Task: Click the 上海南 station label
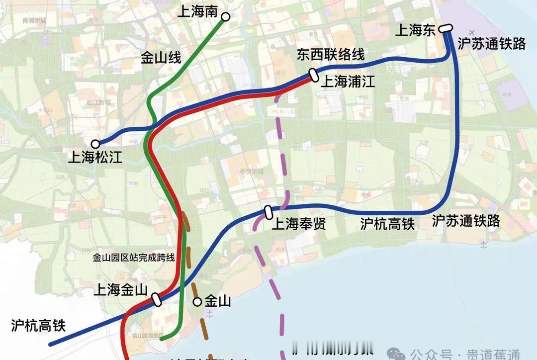click(x=197, y=11)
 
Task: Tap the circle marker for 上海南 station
click(x=225, y=17)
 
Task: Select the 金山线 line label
click(x=161, y=59)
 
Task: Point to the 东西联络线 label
click(x=331, y=54)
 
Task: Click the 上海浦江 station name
click(x=348, y=82)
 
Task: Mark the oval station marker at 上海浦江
click(x=314, y=75)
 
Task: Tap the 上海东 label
click(x=415, y=31)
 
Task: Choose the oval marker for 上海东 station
click(x=445, y=29)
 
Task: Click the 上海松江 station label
click(x=94, y=158)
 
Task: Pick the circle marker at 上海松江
click(x=95, y=143)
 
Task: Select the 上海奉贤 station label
click(x=298, y=224)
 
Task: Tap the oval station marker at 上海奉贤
click(x=268, y=212)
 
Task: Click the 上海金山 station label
click(x=120, y=290)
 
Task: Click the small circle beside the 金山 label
click(x=197, y=301)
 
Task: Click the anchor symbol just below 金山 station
click(x=209, y=314)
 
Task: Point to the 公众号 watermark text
click(x=431, y=355)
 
